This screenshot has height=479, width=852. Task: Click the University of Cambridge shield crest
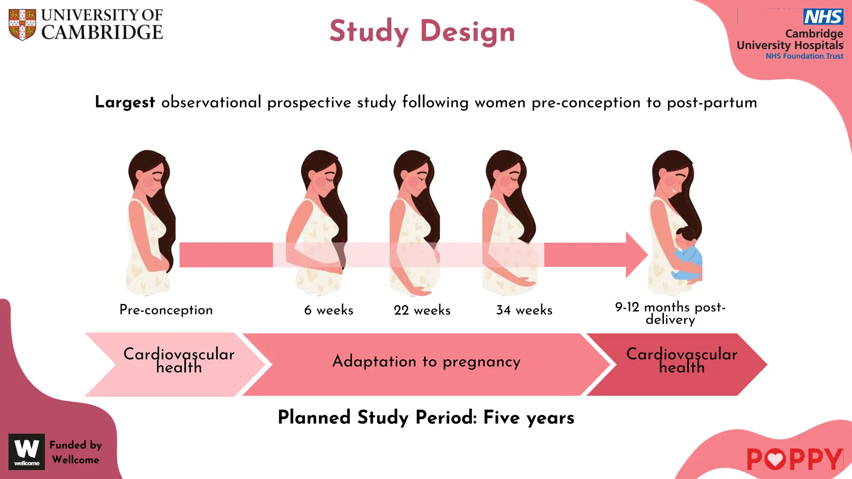(22, 25)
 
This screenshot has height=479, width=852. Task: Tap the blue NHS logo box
(823, 17)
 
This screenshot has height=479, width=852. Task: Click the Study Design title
(422, 32)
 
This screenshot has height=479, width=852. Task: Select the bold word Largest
(125, 102)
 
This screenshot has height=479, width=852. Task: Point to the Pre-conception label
(166, 310)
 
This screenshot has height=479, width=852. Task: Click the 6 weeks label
(329, 310)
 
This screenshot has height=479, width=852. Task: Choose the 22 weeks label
(422, 310)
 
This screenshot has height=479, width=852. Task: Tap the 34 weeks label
(524, 310)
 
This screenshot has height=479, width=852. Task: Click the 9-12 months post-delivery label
(670, 313)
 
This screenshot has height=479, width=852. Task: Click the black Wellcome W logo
(27, 452)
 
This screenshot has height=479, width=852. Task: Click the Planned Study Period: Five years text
(426, 417)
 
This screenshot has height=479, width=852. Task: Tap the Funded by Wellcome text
(75, 452)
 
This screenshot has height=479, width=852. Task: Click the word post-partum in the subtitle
(712, 103)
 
